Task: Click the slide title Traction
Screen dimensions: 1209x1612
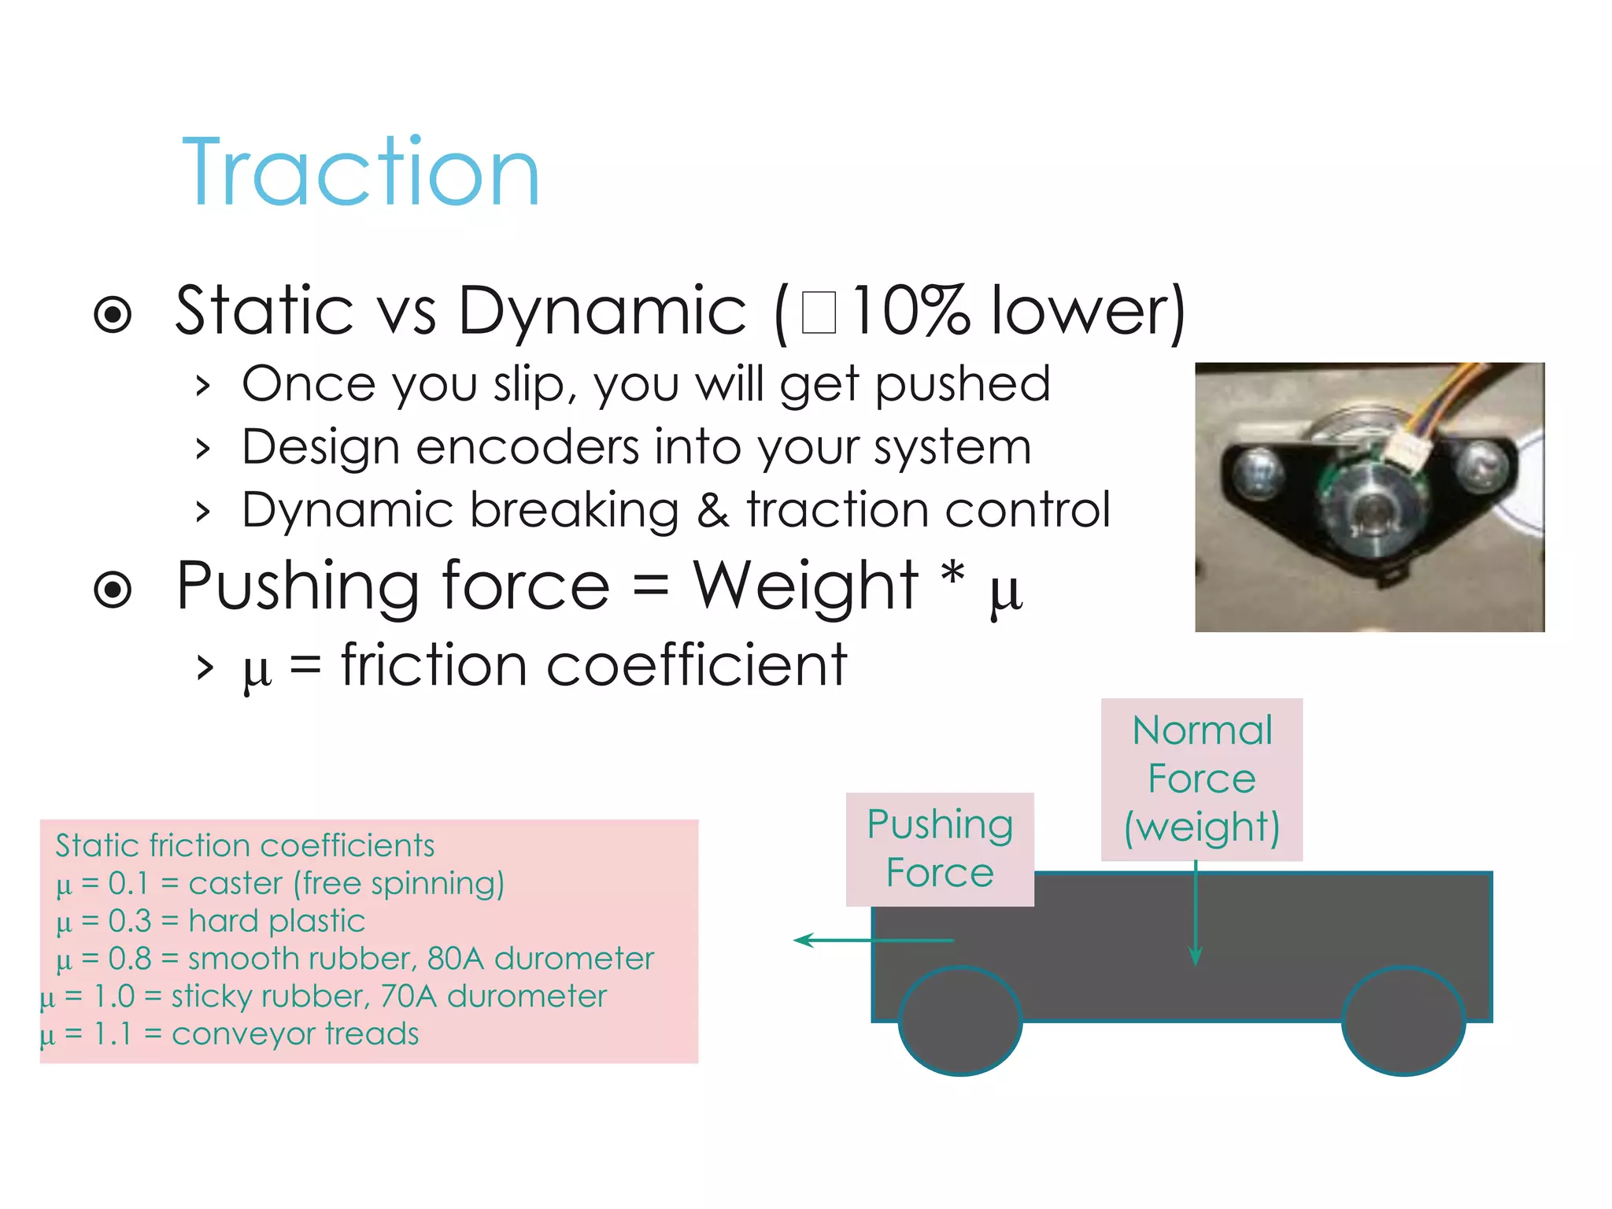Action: tap(360, 173)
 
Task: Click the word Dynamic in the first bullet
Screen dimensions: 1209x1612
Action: tap(601, 311)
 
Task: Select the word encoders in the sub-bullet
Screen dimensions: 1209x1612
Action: tap(527, 447)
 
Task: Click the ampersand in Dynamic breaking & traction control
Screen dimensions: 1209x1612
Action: tap(712, 510)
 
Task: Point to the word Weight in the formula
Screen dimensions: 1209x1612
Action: tap(804, 586)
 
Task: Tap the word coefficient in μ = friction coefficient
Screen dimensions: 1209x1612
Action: tap(696, 666)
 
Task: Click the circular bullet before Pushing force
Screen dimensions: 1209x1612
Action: tap(113, 589)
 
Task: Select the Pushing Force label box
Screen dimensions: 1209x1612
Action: tap(940, 849)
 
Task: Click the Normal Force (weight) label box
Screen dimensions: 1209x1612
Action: tap(1201, 778)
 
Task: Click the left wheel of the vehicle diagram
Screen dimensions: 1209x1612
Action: tap(960, 1021)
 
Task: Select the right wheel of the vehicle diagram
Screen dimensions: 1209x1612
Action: tap(1403, 1021)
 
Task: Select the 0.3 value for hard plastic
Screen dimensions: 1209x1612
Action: tap(130, 921)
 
